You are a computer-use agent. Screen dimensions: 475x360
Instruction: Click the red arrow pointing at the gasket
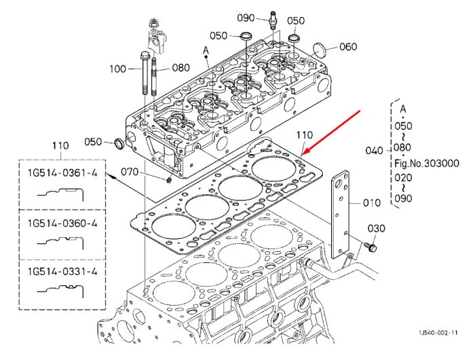point(331,132)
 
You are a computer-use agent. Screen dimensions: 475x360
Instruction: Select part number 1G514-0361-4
point(62,173)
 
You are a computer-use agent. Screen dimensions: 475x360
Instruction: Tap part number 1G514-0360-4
point(62,223)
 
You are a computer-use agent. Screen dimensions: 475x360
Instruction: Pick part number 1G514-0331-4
point(62,272)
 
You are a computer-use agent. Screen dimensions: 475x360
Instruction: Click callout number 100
point(117,69)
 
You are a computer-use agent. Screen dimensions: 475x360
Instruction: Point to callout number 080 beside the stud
point(181,67)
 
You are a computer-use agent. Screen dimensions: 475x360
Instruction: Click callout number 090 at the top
point(246,18)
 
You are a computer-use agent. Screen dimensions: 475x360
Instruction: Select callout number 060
point(348,47)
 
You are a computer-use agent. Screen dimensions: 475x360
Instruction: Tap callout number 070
point(130,172)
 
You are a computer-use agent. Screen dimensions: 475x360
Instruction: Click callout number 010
point(372,202)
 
